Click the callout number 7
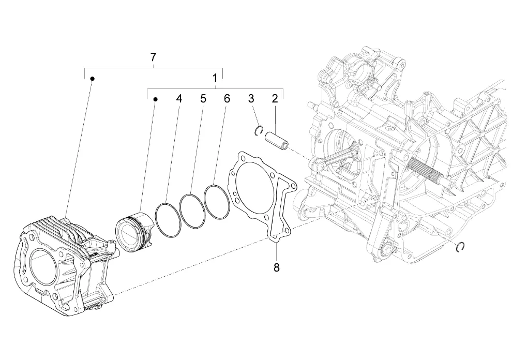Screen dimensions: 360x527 (153, 57)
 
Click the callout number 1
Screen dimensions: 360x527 (215, 78)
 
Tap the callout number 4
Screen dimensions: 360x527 (179, 98)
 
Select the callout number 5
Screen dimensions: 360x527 (203, 98)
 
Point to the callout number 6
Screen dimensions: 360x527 (227, 98)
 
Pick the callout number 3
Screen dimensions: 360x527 (251, 98)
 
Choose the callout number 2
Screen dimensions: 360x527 (275, 98)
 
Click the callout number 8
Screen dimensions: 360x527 (276, 267)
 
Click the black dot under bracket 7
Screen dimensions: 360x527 (92, 78)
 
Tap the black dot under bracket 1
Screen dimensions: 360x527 (155, 98)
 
